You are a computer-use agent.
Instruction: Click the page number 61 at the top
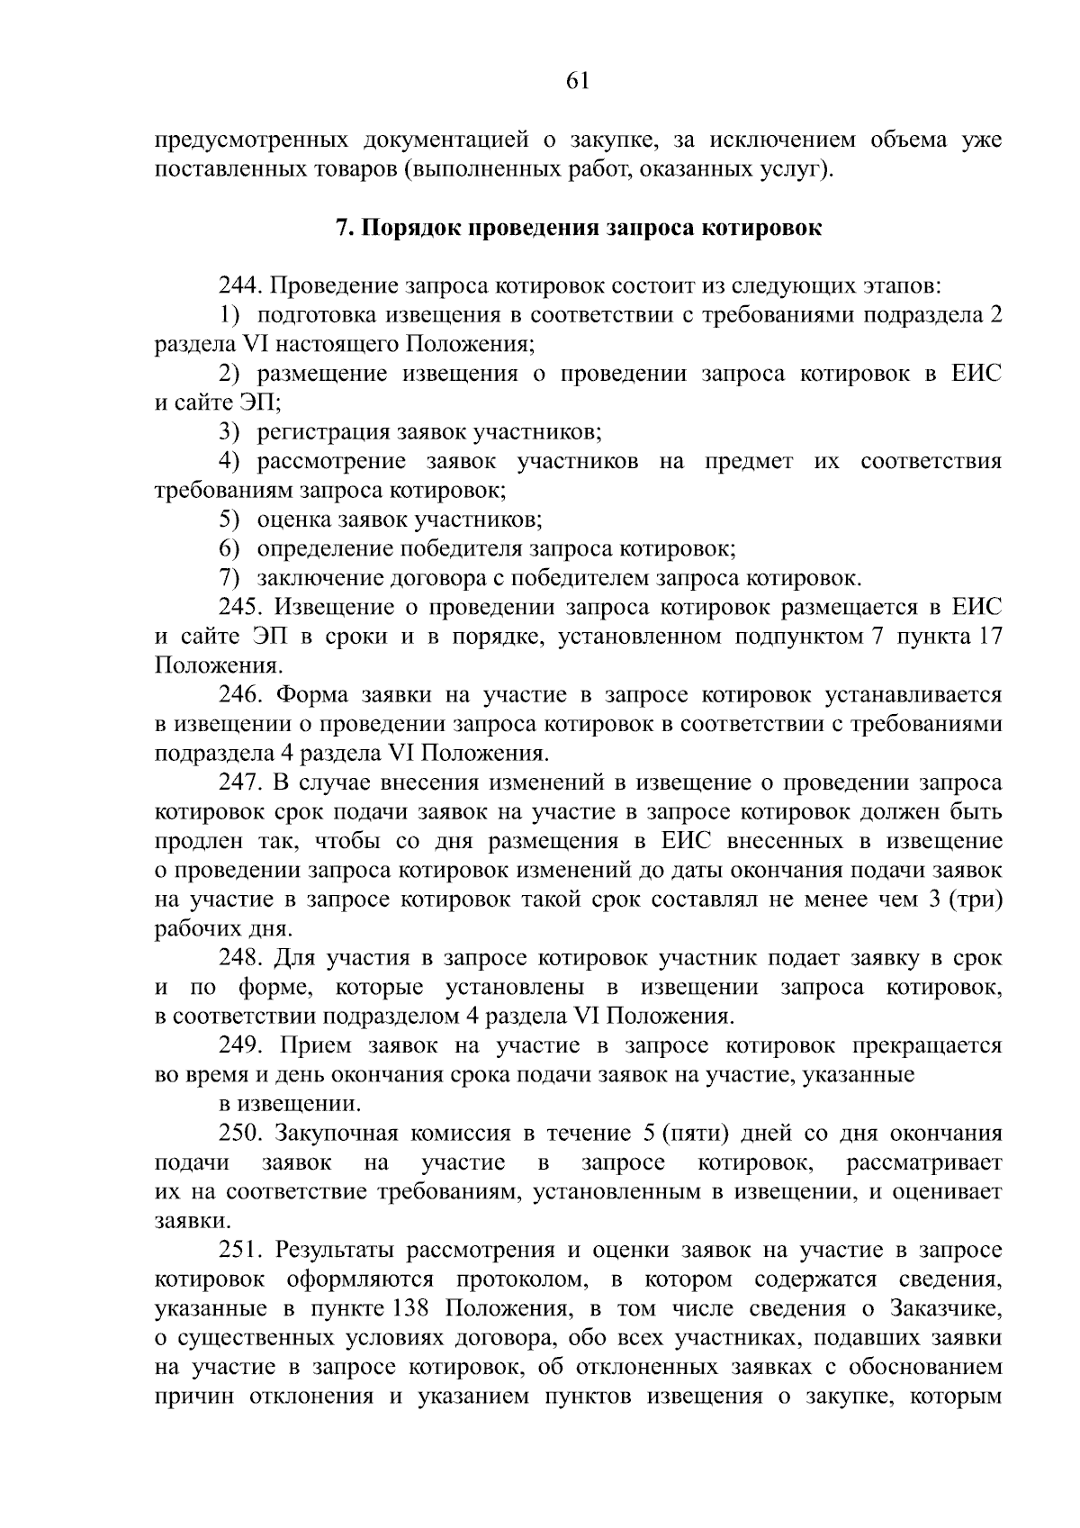[577, 81]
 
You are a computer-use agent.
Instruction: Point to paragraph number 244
[239, 286]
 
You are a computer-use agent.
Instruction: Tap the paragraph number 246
[239, 695]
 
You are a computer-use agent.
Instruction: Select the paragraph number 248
[239, 957]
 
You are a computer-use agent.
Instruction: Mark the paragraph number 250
[239, 1133]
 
